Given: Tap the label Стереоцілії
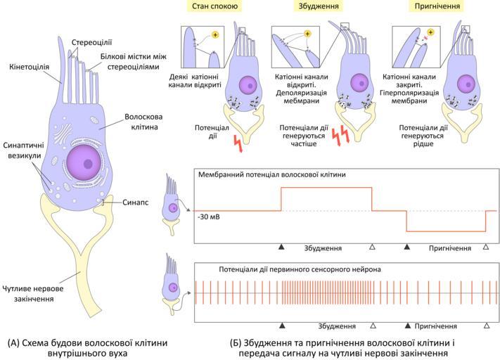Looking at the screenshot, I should (89, 41).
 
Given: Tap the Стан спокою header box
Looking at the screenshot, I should (214, 7).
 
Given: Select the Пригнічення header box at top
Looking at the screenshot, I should (435, 7).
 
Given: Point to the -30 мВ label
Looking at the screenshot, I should (210, 217).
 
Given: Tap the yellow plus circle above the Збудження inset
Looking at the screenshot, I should (308, 33).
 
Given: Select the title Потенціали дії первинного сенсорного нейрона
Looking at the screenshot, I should (279, 269).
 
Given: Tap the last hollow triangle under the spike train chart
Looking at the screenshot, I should (486, 326).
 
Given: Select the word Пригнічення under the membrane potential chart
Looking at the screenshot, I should (450, 248).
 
